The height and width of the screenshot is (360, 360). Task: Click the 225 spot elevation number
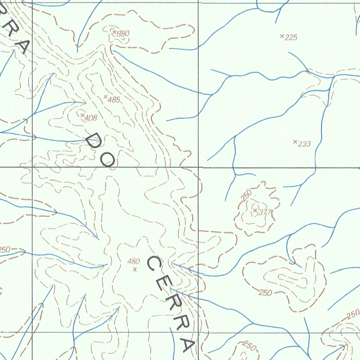(x=291, y=38)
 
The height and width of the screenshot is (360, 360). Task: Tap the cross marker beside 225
(x=282, y=36)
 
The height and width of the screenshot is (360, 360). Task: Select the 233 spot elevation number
(x=304, y=143)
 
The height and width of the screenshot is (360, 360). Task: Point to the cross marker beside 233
(x=295, y=142)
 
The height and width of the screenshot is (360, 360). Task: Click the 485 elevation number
(x=114, y=100)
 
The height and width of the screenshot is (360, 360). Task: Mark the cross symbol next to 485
(x=105, y=96)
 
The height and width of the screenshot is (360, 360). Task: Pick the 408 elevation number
(x=91, y=118)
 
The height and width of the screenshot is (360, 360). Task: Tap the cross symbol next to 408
(x=82, y=115)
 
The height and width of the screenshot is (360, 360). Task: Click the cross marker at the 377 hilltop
(x=255, y=210)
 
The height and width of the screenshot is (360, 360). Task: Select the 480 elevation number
(x=134, y=261)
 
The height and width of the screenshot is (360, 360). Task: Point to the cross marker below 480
(x=135, y=270)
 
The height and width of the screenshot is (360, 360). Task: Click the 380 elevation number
(x=123, y=34)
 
